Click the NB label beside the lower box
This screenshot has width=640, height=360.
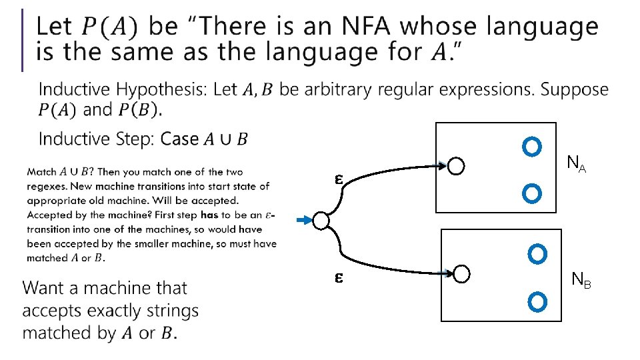tap(581, 281)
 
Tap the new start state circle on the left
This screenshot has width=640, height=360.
tap(321, 221)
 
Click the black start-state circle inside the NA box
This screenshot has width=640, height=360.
tap(456, 166)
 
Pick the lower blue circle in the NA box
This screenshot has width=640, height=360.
tap(531, 194)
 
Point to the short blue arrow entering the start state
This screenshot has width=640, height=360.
tap(304, 220)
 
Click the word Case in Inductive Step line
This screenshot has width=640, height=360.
tap(180, 139)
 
